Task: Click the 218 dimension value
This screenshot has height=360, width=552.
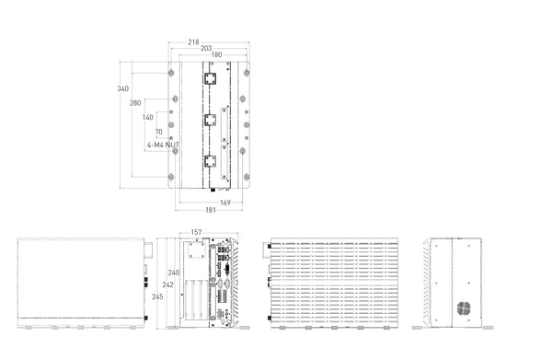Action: pyautogui.click(x=193, y=42)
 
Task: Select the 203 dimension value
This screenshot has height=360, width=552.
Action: pyautogui.click(x=206, y=48)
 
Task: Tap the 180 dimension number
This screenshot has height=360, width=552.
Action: pyautogui.click(x=216, y=54)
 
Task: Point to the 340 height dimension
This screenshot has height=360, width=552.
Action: pyautogui.click(x=123, y=88)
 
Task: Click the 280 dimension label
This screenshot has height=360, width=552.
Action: pyautogui.click(x=135, y=103)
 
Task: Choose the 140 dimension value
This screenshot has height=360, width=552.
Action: pyautogui.click(x=148, y=117)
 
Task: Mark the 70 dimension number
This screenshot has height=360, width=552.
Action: pyautogui.click(x=159, y=132)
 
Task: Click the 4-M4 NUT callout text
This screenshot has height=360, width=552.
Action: pyautogui.click(x=163, y=145)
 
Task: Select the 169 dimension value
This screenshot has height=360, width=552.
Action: pyautogui.click(x=225, y=203)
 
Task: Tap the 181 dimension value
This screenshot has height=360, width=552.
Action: pyautogui.click(x=211, y=210)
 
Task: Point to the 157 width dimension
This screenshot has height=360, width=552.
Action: pyautogui.click(x=197, y=232)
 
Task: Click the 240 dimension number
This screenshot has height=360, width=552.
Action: pyautogui.click(x=174, y=273)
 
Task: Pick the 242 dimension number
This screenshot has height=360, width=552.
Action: pyautogui.click(x=168, y=285)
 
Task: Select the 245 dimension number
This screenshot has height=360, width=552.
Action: pyautogui.click(x=157, y=297)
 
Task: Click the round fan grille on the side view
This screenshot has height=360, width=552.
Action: pyautogui.click(x=465, y=308)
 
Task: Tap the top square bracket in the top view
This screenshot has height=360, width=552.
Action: pyautogui.click(x=210, y=78)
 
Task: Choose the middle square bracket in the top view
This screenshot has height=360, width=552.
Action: pyautogui.click(x=210, y=120)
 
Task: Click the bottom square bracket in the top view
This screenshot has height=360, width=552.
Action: pyautogui.click(x=210, y=161)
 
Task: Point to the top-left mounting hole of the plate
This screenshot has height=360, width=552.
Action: pyautogui.click(x=171, y=74)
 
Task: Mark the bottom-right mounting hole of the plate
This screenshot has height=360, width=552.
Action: pyautogui.click(x=247, y=177)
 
